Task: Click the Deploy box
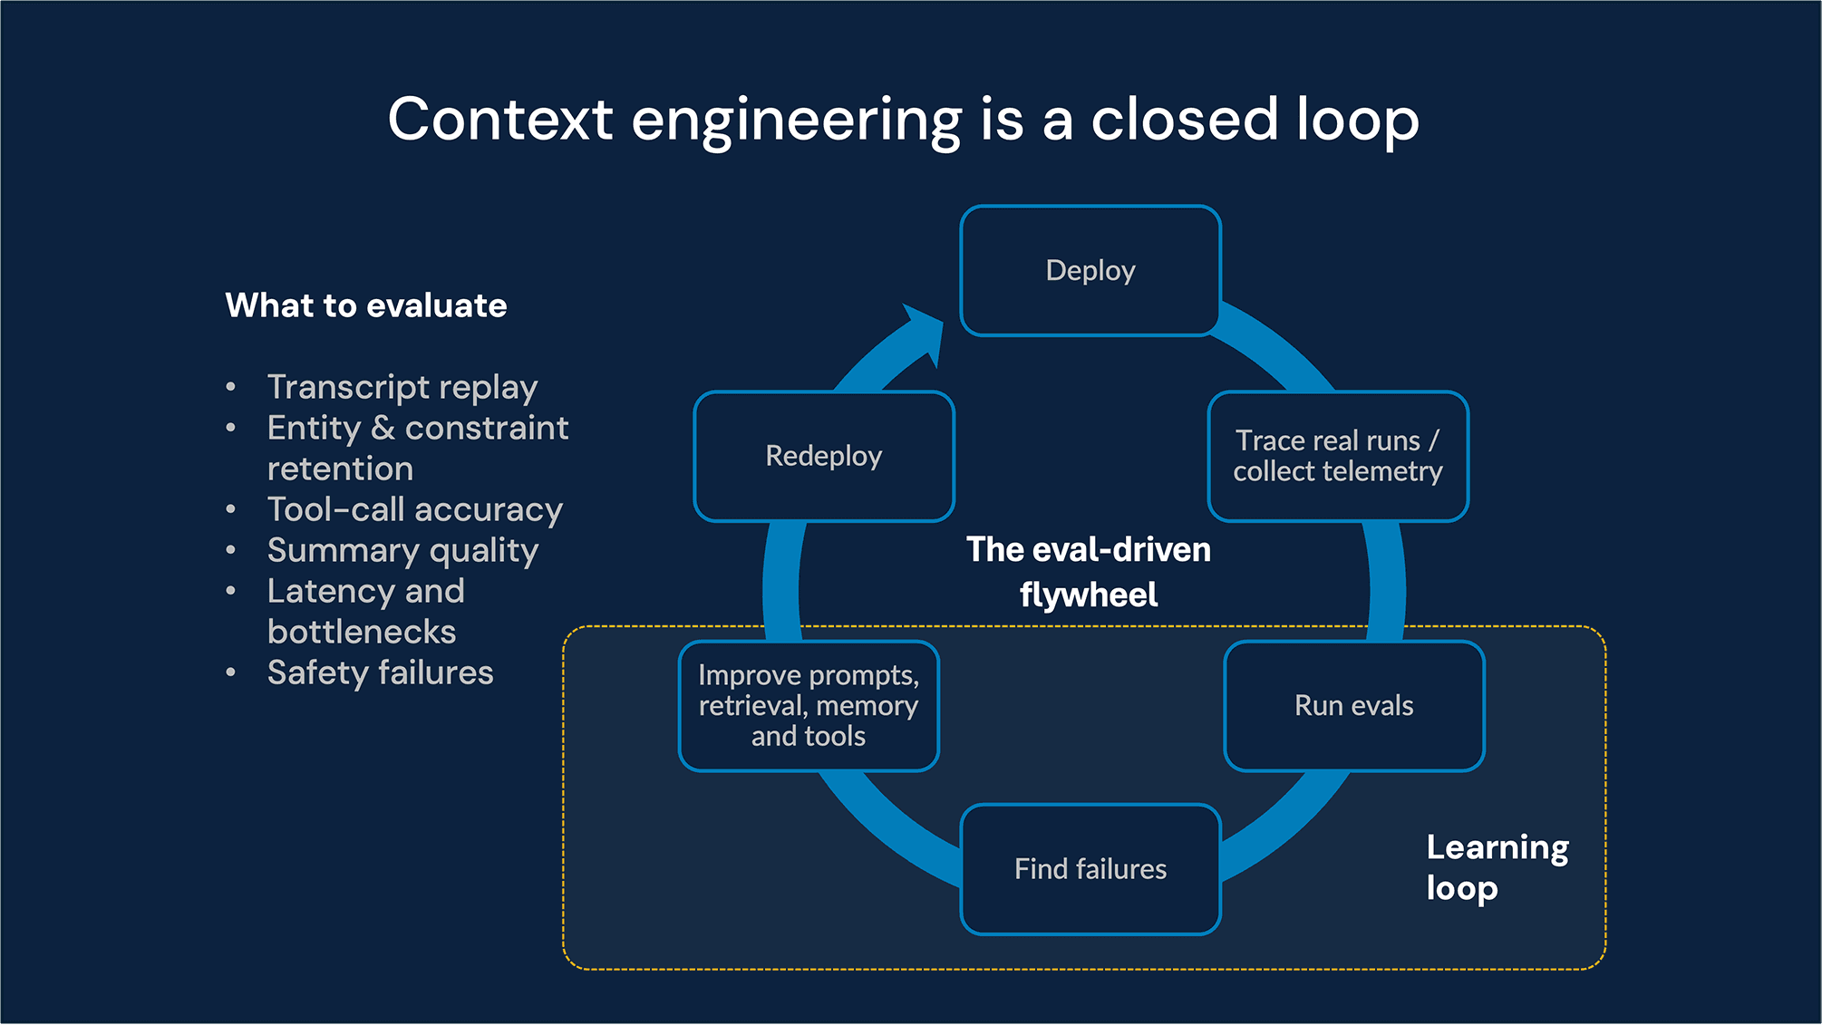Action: tap(1090, 271)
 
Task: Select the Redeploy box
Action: tap(823, 456)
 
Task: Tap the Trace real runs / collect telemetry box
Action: tap(1337, 456)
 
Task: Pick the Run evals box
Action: tap(1353, 706)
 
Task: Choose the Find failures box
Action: tap(1090, 869)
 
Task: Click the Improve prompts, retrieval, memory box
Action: tap(809, 706)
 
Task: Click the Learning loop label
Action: tap(1496, 867)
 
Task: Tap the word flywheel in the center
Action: tap(1088, 595)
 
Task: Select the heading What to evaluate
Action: tap(365, 305)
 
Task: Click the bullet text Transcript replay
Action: tap(402, 387)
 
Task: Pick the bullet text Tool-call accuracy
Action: tap(414, 509)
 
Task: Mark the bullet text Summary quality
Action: tap(402, 550)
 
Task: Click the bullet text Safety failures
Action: tap(380, 672)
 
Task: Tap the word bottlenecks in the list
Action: tap(361, 632)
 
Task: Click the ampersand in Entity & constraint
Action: tap(383, 428)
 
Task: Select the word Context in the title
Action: tap(500, 120)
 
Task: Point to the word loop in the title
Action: tap(1356, 120)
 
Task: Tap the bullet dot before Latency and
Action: tap(231, 592)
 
